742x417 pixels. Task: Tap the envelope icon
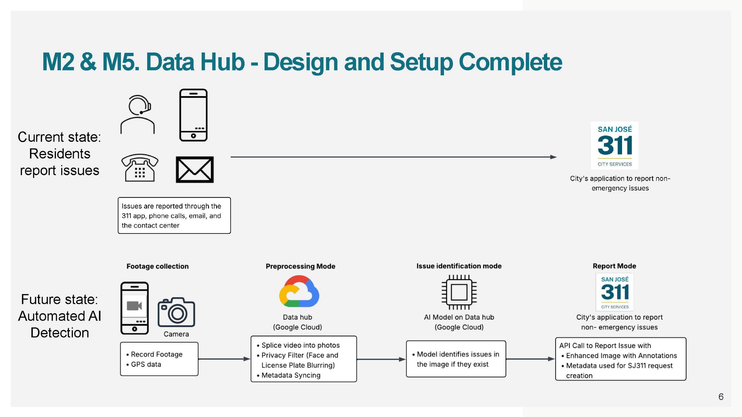tap(195, 170)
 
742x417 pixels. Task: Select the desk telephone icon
tap(140, 168)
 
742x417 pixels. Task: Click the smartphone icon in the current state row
tap(194, 115)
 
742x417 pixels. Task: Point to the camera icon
tap(176, 312)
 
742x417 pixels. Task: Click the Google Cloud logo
tap(299, 291)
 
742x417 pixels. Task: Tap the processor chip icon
tap(459, 292)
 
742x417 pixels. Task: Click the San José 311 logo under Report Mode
tap(615, 292)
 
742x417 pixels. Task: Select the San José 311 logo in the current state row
tap(615, 145)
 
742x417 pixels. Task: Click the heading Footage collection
tap(157, 266)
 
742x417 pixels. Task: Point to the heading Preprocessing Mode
tap(301, 266)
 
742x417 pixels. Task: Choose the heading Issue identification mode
tap(459, 266)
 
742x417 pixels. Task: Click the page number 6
tap(721, 397)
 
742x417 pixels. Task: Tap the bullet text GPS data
tap(146, 364)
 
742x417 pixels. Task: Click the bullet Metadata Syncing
tap(291, 375)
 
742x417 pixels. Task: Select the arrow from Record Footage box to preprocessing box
tap(224, 359)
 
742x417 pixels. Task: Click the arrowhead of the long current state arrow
tap(553, 157)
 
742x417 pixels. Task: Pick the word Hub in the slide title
tap(222, 62)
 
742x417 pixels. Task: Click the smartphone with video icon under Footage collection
tap(134, 308)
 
